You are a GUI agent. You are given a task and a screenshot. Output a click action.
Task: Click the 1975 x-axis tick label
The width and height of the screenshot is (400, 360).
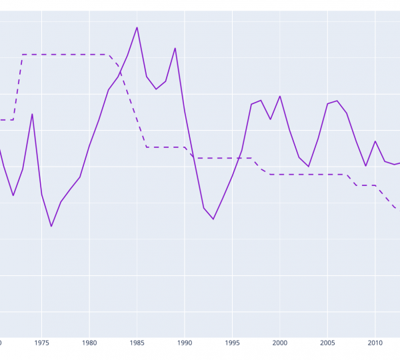click(x=41, y=343)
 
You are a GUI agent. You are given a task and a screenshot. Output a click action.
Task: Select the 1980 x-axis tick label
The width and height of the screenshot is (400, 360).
click(x=89, y=343)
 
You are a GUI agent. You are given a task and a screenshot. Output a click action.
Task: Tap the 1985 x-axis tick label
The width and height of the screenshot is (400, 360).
click(x=137, y=343)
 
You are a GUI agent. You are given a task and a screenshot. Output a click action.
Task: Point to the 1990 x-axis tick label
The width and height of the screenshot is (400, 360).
click(x=185, y=343)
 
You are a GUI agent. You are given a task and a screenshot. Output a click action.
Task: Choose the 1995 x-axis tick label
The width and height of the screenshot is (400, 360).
click(x=232, y=343)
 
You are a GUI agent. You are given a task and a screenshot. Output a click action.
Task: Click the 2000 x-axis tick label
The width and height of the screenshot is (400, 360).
click(x=280, y=343)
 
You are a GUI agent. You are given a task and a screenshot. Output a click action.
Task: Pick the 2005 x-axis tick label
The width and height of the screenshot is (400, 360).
click(x=327, y=343)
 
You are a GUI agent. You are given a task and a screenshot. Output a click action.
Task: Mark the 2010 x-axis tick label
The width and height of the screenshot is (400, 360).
click(x=375, y=343)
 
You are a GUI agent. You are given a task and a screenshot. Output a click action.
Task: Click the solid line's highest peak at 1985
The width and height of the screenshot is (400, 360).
click(x=137, y=27)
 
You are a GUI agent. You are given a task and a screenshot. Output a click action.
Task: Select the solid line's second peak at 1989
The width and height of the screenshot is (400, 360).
click(x=175, y=48)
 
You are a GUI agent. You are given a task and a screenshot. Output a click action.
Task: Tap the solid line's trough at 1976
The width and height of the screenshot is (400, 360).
click(x=51, y=227)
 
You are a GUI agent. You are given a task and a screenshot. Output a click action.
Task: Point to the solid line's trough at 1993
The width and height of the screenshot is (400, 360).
click(x=213, y=219)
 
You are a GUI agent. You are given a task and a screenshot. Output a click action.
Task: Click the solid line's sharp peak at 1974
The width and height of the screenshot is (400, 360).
click(x=32, y=114)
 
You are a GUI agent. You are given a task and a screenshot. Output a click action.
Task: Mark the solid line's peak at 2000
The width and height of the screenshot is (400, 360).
click(x=280, y=96)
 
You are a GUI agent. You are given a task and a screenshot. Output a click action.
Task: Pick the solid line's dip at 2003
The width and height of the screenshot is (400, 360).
click(x=309, y=167)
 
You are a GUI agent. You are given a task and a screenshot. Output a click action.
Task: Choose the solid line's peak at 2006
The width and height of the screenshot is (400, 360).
click(x=337, y=101)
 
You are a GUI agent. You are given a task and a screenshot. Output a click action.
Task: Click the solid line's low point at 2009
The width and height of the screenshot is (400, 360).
click(x=366, y=166)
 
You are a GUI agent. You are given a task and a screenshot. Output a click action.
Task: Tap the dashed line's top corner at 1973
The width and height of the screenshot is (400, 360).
click(x=23, y=55)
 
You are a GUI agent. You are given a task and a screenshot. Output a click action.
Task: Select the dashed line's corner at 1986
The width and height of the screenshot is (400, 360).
click(x=147, y=147)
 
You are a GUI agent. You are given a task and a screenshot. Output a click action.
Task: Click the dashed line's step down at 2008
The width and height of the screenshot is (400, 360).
click(x=357, y=185)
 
